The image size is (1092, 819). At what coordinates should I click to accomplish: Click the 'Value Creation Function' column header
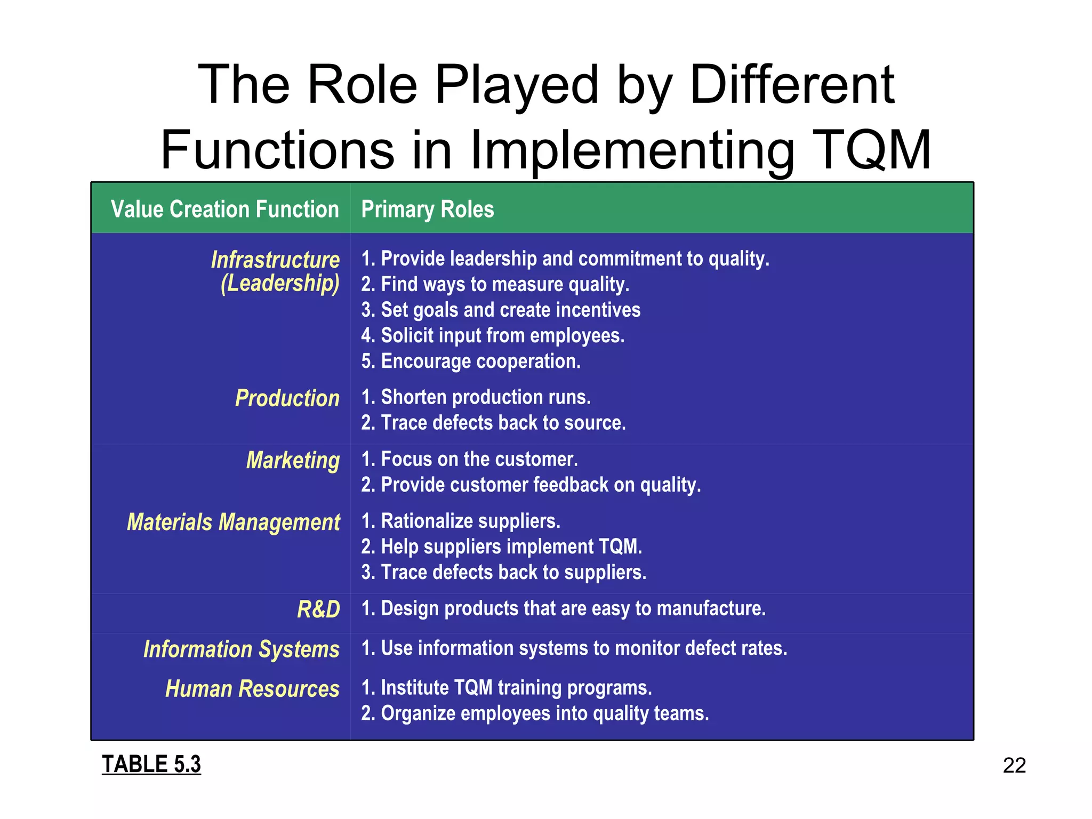tap(224, 209)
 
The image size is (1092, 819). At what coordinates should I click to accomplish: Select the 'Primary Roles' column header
tap(428, 209)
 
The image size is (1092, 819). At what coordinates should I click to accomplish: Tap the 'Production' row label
tap(287, 398)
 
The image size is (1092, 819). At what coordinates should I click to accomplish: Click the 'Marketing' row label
tap(293, 460)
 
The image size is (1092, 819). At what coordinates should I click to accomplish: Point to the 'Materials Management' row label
tap(234, 522)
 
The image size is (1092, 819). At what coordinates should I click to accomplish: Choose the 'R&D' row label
tap(318, 609)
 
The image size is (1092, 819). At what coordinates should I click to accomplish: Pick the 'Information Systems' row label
tap(242, 649)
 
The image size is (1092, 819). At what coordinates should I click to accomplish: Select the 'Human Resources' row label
tap(252, 689)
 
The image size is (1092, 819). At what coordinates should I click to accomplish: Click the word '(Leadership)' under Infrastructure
tap(280, 283)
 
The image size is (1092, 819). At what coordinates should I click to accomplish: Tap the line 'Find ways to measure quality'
tap(495, 284)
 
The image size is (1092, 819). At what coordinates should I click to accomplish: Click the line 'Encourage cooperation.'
tap(471, 362)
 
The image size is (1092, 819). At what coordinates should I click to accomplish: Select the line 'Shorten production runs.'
tap(476, 397)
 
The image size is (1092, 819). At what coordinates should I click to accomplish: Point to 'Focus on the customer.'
tap(470, 459)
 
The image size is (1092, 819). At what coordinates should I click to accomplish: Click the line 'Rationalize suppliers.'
tap(461, 521)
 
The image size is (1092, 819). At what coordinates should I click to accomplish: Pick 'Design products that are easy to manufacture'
tap(564, 608)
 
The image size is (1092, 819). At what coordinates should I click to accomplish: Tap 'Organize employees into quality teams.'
tap(535, 713)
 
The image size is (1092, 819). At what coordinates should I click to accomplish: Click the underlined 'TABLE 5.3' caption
tap(151, 764)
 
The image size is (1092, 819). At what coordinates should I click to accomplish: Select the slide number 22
tap(1014, 766)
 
